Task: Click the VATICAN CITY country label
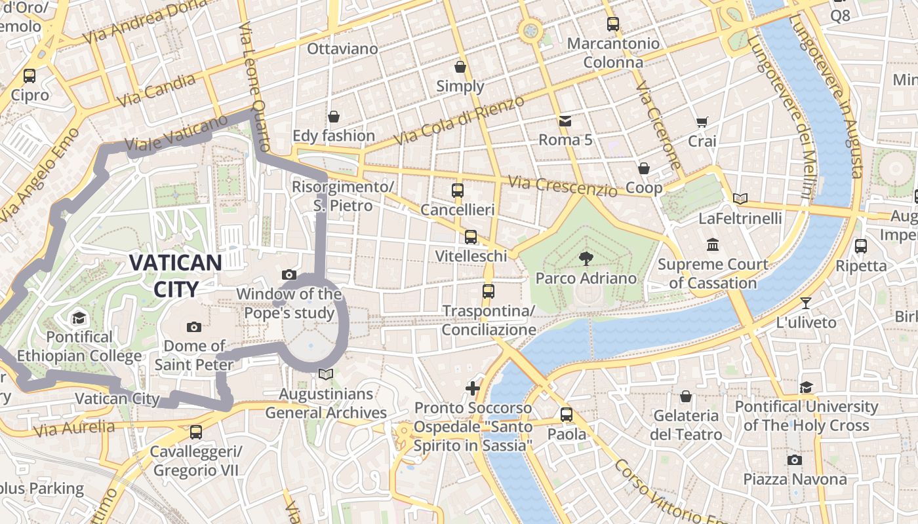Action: [175, 275]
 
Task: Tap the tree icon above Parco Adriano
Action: [586, 259]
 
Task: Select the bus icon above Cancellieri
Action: [458, 191]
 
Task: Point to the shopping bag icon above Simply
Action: [460, 67]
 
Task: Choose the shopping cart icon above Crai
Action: [702, 122]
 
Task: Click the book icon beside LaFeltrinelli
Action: [740, 198]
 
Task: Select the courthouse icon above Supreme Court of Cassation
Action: [713, 245]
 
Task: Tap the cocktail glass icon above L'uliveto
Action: [806, 303]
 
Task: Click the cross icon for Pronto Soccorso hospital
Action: [473, 388]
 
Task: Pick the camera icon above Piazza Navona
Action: [795, 460]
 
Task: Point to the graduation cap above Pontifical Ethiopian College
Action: [79, 318]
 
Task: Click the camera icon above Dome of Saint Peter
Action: [194, 327]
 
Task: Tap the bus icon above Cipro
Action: [30, 76]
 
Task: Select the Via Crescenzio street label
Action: [563, 186]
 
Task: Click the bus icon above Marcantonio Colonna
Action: [613, 24]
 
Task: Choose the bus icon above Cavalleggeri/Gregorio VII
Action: [196, 432]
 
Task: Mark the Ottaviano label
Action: [342, 49]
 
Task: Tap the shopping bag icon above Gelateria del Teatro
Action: [686, 396]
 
